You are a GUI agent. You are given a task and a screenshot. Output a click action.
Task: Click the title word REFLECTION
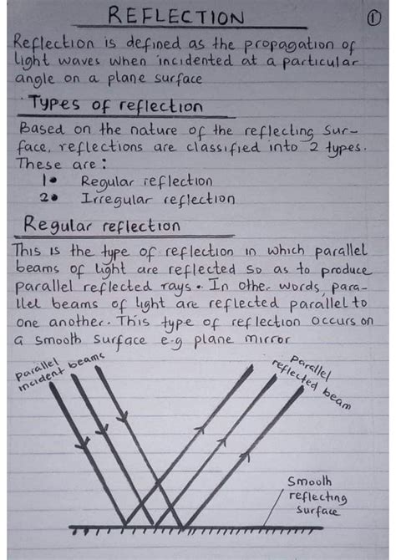coord(178,18)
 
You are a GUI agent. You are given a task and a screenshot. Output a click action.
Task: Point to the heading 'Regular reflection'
coord(101,226)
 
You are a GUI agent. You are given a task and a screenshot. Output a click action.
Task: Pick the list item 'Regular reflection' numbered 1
coord(146,181)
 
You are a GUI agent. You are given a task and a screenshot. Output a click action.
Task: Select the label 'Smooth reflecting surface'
coord(312,496)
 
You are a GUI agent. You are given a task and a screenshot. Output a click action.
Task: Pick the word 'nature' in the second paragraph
coord(150,130)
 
